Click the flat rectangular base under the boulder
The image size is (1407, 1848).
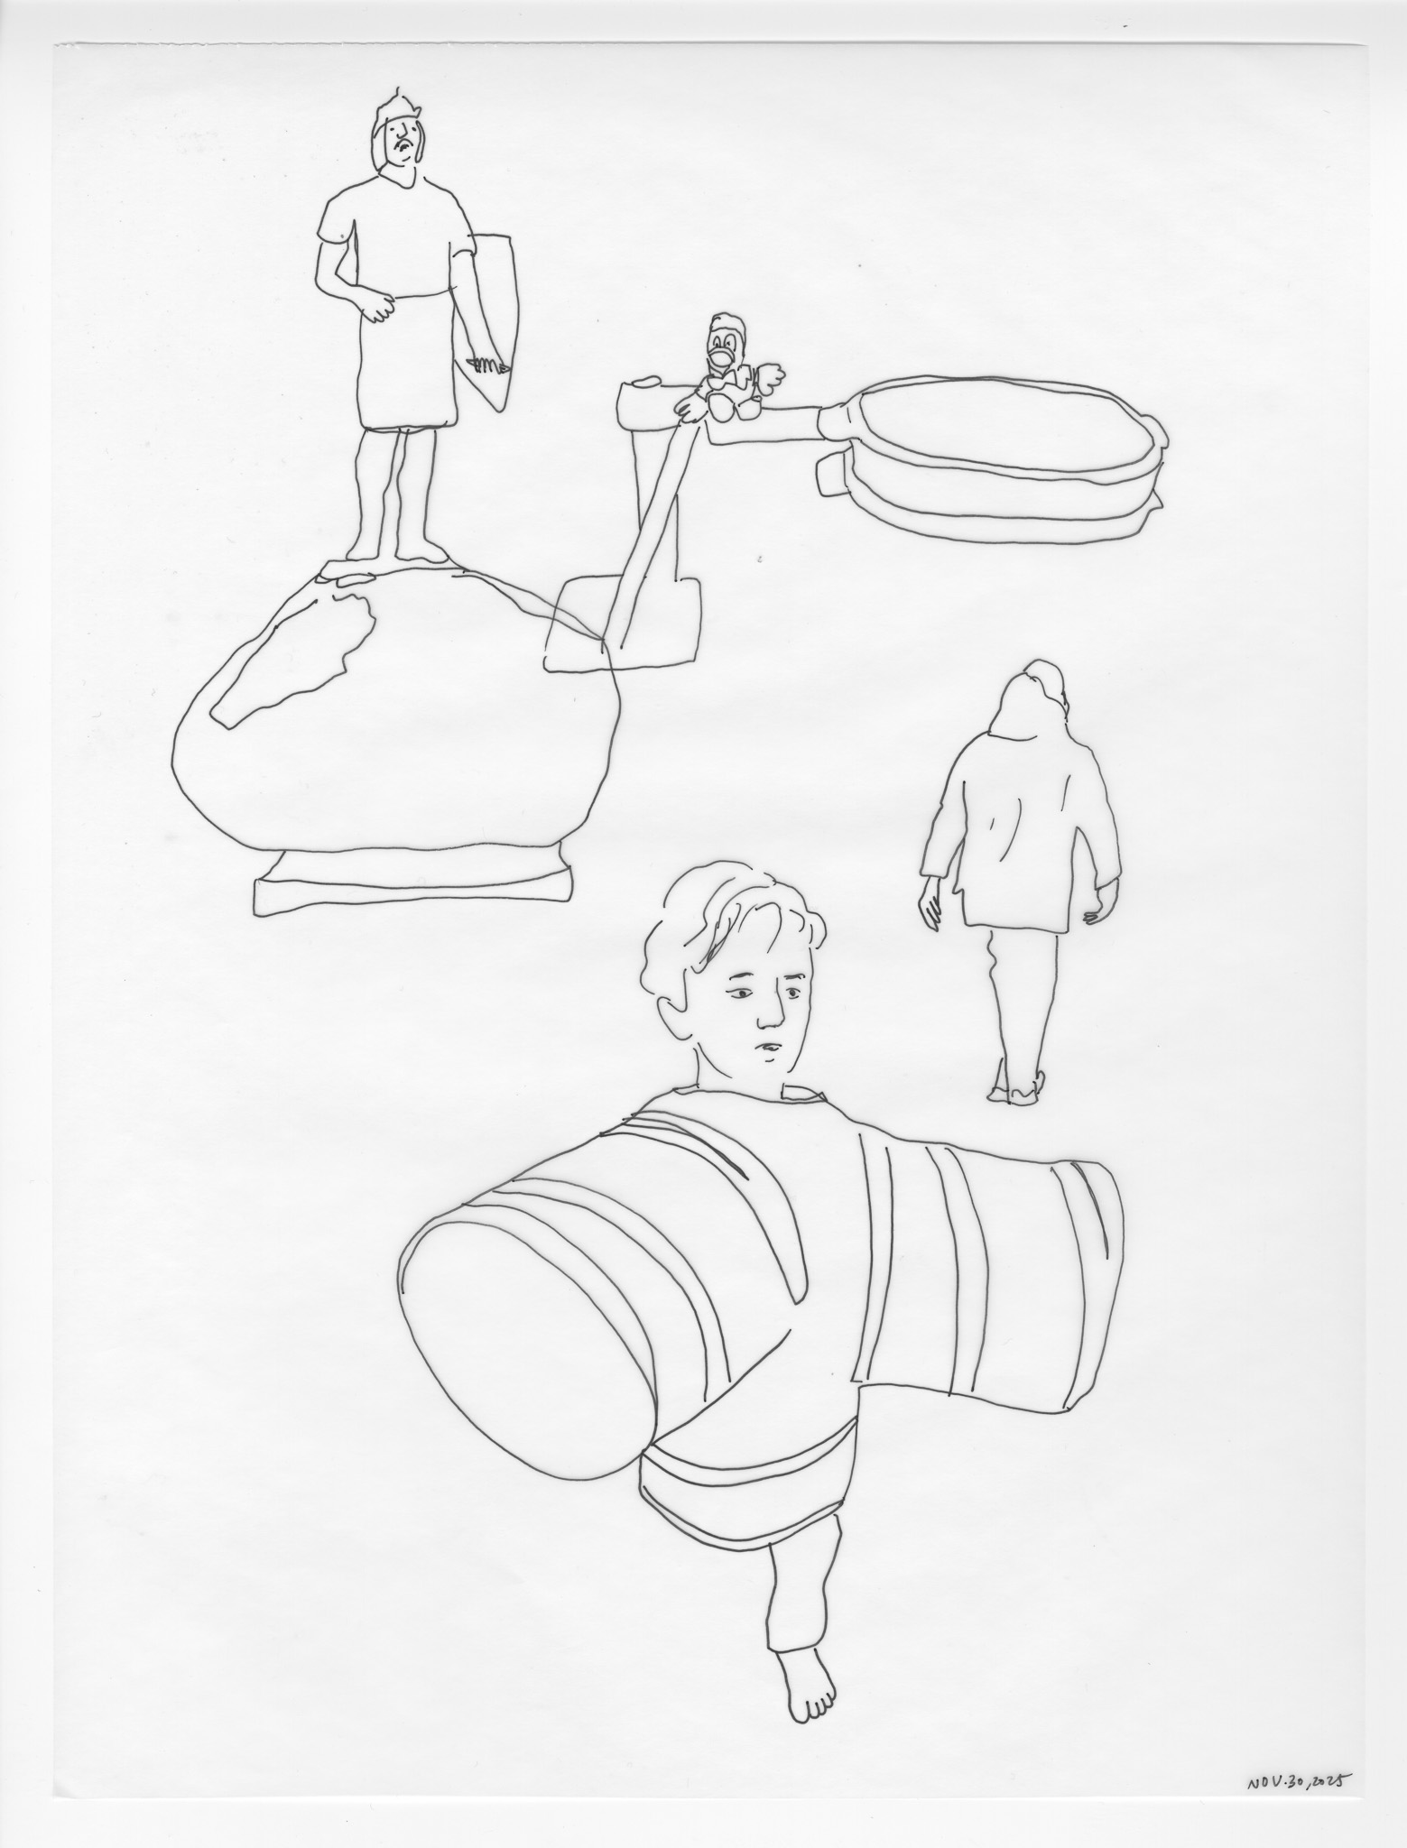(x=412, y=885)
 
